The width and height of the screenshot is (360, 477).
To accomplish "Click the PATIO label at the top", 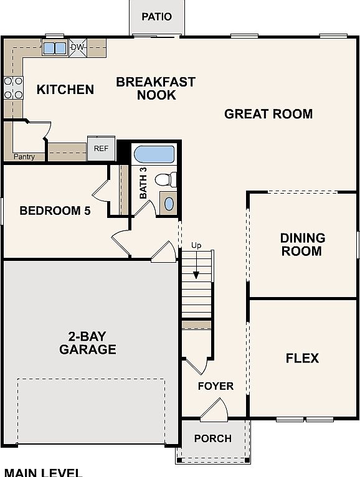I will coord(156,17).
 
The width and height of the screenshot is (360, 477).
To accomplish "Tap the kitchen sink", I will coord(54,48).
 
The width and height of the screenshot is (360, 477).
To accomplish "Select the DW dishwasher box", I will coord(77,47).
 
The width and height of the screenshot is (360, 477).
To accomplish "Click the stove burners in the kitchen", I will coord(13,88).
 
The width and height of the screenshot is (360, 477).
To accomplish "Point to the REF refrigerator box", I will coord(101,148).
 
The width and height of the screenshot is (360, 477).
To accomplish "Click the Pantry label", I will coord(24,157).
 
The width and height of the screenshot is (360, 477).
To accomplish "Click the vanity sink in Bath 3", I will coord(168,203).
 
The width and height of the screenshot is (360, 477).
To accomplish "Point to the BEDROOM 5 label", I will coord(55,210).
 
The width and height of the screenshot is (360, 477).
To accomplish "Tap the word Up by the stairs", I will coord(196,245).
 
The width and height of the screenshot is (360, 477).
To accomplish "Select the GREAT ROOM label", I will coord(268,114).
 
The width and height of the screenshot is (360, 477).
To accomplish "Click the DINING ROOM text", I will coord(302,245).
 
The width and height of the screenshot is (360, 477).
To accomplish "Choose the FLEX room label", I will coord(302,358).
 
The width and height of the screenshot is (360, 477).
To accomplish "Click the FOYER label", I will coord(216,386).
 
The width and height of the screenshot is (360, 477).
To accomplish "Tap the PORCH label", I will coord(212,438).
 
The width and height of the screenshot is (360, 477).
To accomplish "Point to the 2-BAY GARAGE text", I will coord(88,342).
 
